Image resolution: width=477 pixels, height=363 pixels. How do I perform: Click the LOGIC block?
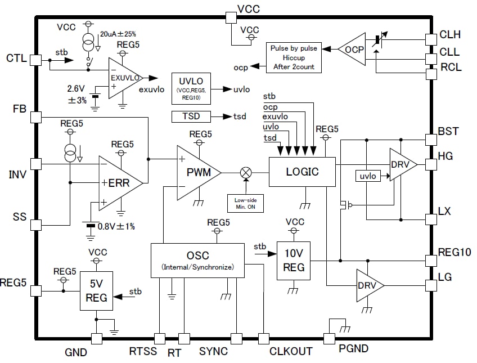coord(301,172)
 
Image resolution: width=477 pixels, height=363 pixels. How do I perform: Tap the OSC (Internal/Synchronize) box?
coord(197,261)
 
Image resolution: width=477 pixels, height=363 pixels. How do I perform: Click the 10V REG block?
coord(294,261)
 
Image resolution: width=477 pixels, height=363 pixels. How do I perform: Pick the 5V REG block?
coord(96,291)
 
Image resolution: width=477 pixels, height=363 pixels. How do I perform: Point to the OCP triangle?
coord(353,50)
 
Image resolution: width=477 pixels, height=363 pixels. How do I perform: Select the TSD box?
coord(191,116)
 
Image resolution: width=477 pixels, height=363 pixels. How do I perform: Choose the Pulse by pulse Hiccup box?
coord(293,57)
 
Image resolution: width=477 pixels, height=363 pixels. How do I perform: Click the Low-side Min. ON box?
coord(245,203)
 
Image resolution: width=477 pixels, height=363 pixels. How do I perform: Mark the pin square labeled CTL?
coord(36,59)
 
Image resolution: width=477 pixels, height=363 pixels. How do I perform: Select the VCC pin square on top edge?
coord(231,17)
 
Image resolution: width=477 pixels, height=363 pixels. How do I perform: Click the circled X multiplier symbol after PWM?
coord(245,173)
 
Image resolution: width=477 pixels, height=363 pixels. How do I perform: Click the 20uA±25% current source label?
coord(118,34)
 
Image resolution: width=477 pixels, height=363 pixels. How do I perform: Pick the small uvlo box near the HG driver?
coord(368,177)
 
